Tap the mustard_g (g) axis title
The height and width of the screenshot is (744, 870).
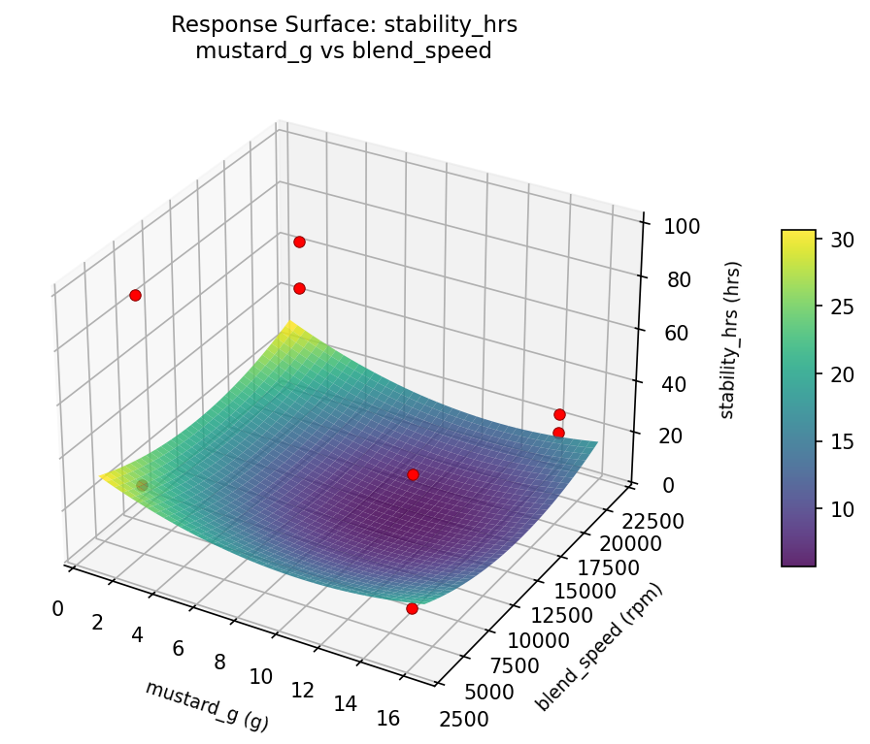[x=207, y=705]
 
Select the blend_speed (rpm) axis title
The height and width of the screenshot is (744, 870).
[x=601, y=647]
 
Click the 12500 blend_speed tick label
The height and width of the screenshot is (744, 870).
[x=559, y=615]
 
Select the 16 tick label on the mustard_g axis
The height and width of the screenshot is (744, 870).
[x=387, y=719]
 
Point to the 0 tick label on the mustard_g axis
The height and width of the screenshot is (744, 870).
[x=58, y=608]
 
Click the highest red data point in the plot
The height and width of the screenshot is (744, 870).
[x=299, y=242]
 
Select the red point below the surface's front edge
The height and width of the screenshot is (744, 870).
[x=412, y=608]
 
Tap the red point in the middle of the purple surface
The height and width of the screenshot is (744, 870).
[x=413, y=474]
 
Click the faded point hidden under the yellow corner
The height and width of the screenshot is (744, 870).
[x=142, y=485]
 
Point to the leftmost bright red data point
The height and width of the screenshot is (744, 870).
[x=135, y=295]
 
